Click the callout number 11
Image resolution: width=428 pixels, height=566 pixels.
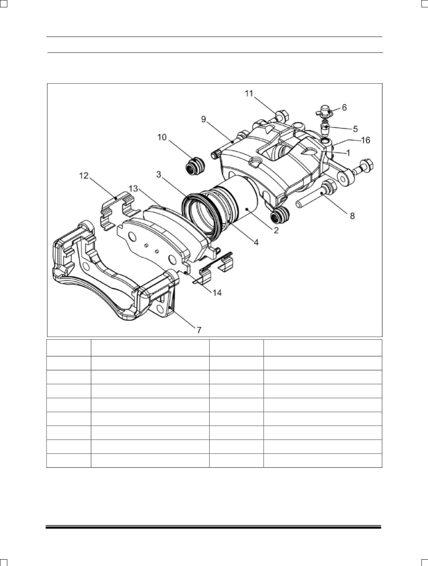point(249,93)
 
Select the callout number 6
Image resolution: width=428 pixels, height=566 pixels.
point(344,108)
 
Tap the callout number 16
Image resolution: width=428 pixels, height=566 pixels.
point(365,140)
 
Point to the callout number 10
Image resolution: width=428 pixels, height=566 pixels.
point(162,137)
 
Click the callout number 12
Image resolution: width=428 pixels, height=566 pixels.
point(84,176)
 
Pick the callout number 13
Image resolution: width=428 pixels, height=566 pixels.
point(133,188)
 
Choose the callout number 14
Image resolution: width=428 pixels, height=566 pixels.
point(217,293)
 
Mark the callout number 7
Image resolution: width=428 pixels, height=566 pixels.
point(199,330)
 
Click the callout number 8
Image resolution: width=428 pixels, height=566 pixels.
point(352,216)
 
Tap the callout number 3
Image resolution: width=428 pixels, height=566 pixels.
point(159,174)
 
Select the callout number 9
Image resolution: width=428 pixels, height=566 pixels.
point(204,119)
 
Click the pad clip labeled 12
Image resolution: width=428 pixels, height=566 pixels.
point(118,211)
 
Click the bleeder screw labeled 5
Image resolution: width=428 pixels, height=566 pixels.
point(325,127)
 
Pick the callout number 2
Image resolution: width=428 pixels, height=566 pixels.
point(276,230)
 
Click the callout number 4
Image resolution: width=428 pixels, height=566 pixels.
point(256,242)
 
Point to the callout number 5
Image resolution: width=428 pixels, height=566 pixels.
point(355,129)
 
